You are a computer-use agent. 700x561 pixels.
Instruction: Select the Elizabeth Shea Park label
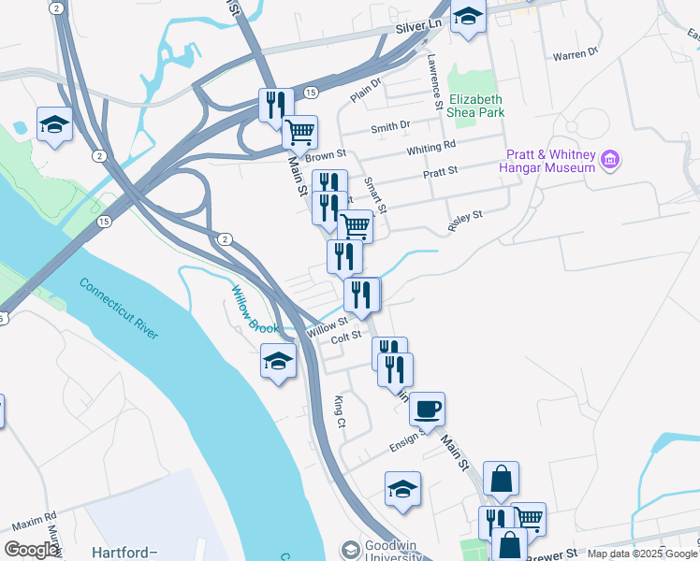[476, 106]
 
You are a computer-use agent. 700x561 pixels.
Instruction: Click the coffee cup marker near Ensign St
[427, 409]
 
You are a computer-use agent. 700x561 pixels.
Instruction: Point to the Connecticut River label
[119, 308]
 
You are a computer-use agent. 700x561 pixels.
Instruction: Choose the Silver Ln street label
[417, 29]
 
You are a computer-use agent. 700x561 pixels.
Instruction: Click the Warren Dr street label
[575, 55]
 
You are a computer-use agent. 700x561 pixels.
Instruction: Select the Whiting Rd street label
[430, 147]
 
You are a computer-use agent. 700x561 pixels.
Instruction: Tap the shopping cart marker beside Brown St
[299, 132]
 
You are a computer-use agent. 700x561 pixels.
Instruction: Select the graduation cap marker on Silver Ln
[468, 16]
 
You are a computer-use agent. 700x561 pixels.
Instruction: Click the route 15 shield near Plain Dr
[311, 92]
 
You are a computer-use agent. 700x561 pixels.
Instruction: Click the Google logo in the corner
[31, 550]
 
